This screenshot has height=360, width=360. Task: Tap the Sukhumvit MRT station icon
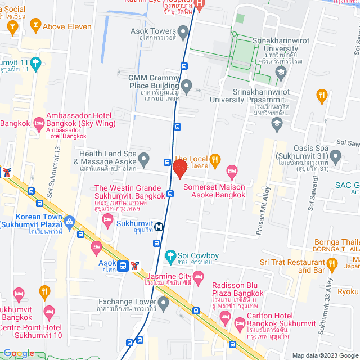(x=160, y=227)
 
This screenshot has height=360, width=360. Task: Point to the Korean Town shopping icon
(x=70, y=221)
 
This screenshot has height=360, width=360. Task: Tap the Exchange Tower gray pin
(x=164, y=304)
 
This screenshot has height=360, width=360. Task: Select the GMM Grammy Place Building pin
(x=187, y=87)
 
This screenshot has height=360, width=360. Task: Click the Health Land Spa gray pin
(x=144, y=158)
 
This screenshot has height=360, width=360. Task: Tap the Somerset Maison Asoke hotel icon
(x=231, y=170)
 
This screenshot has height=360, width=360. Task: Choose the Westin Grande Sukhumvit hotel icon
(x=108, y=218)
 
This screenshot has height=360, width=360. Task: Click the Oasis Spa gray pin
(x=336, y=155)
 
